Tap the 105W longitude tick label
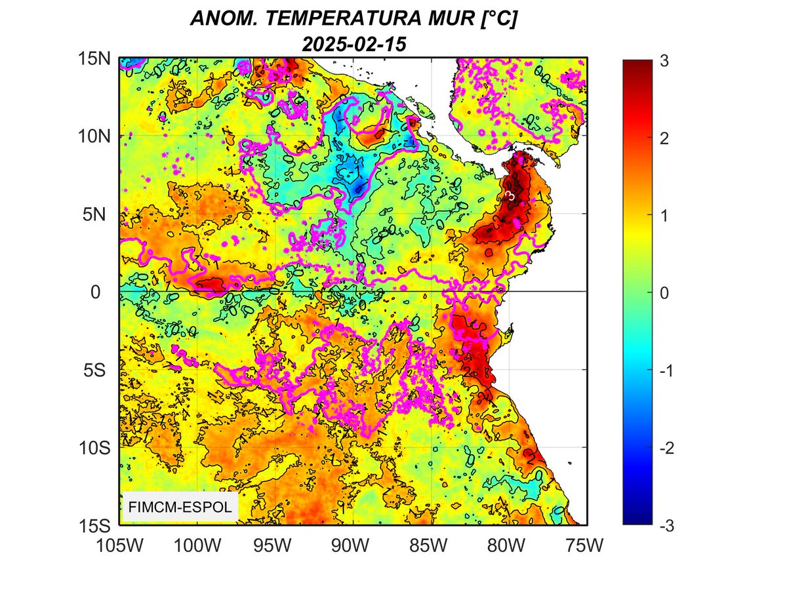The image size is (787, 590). [x=119, y=545]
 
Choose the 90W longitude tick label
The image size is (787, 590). [x=353, y=545]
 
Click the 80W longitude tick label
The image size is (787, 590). [x=509, y=545]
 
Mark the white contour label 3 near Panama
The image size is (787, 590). [x=511, y=195]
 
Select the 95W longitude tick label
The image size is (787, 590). [x=275, y=545]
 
